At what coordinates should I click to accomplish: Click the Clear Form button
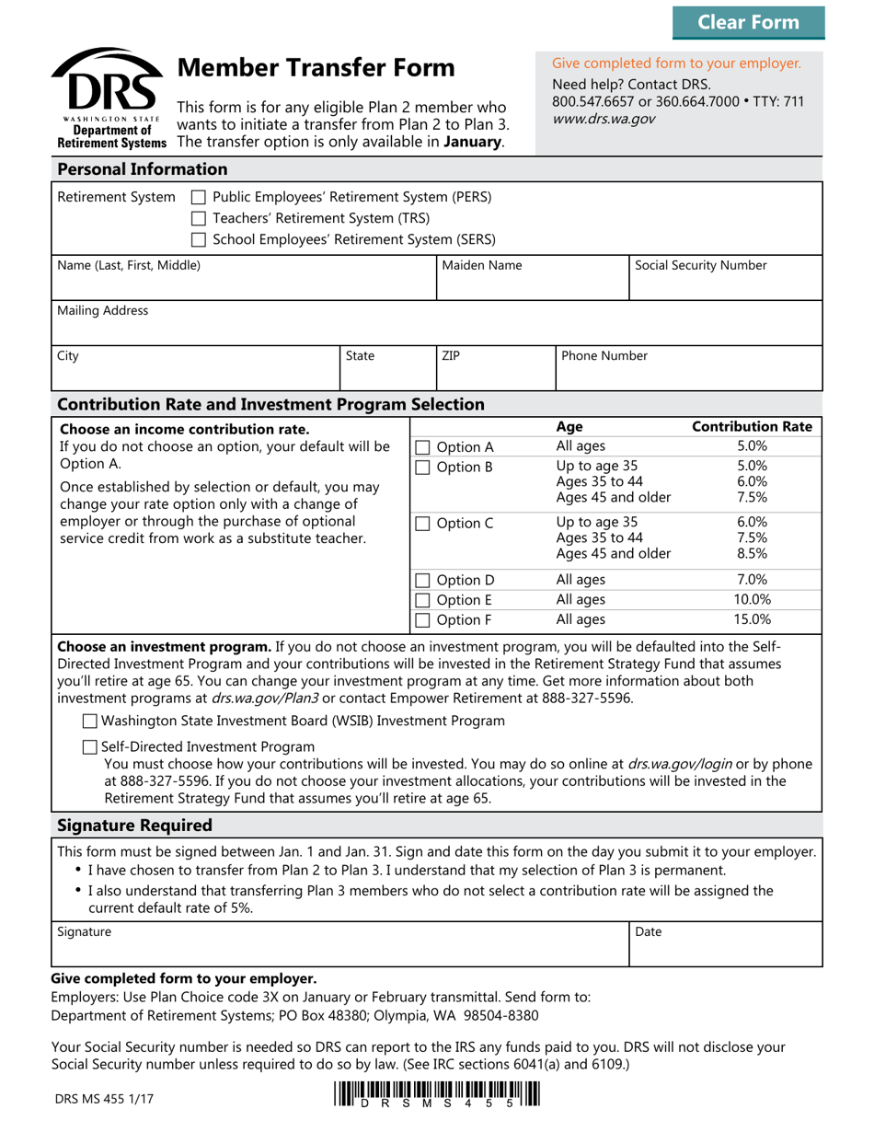pos(748,22)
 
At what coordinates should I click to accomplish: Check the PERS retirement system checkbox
pos(198,197)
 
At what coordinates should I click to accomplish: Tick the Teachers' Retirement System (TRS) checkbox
pos(198,219)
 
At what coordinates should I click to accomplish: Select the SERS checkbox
pos(198,240)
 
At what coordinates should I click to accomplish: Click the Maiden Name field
pos(531,284)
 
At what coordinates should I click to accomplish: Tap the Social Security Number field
pos(724,284)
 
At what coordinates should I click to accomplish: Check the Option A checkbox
pos(422,448)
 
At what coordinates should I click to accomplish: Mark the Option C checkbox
pos(422,525)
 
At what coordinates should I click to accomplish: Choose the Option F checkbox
pos(422,620)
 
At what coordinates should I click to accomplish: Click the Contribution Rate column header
pos(752,427)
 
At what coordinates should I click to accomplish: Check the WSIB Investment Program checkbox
pos(90,722)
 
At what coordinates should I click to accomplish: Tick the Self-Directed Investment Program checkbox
pos(90,747)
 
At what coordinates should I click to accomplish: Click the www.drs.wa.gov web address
pos(604,120)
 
